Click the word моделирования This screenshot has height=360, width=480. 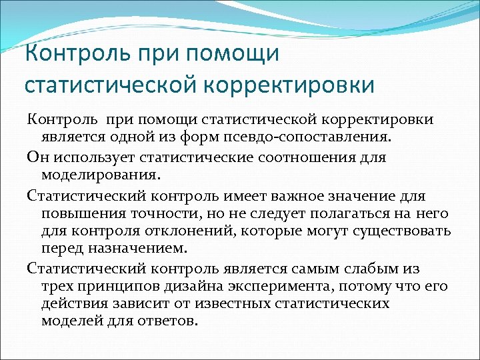[x=100, y=175]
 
